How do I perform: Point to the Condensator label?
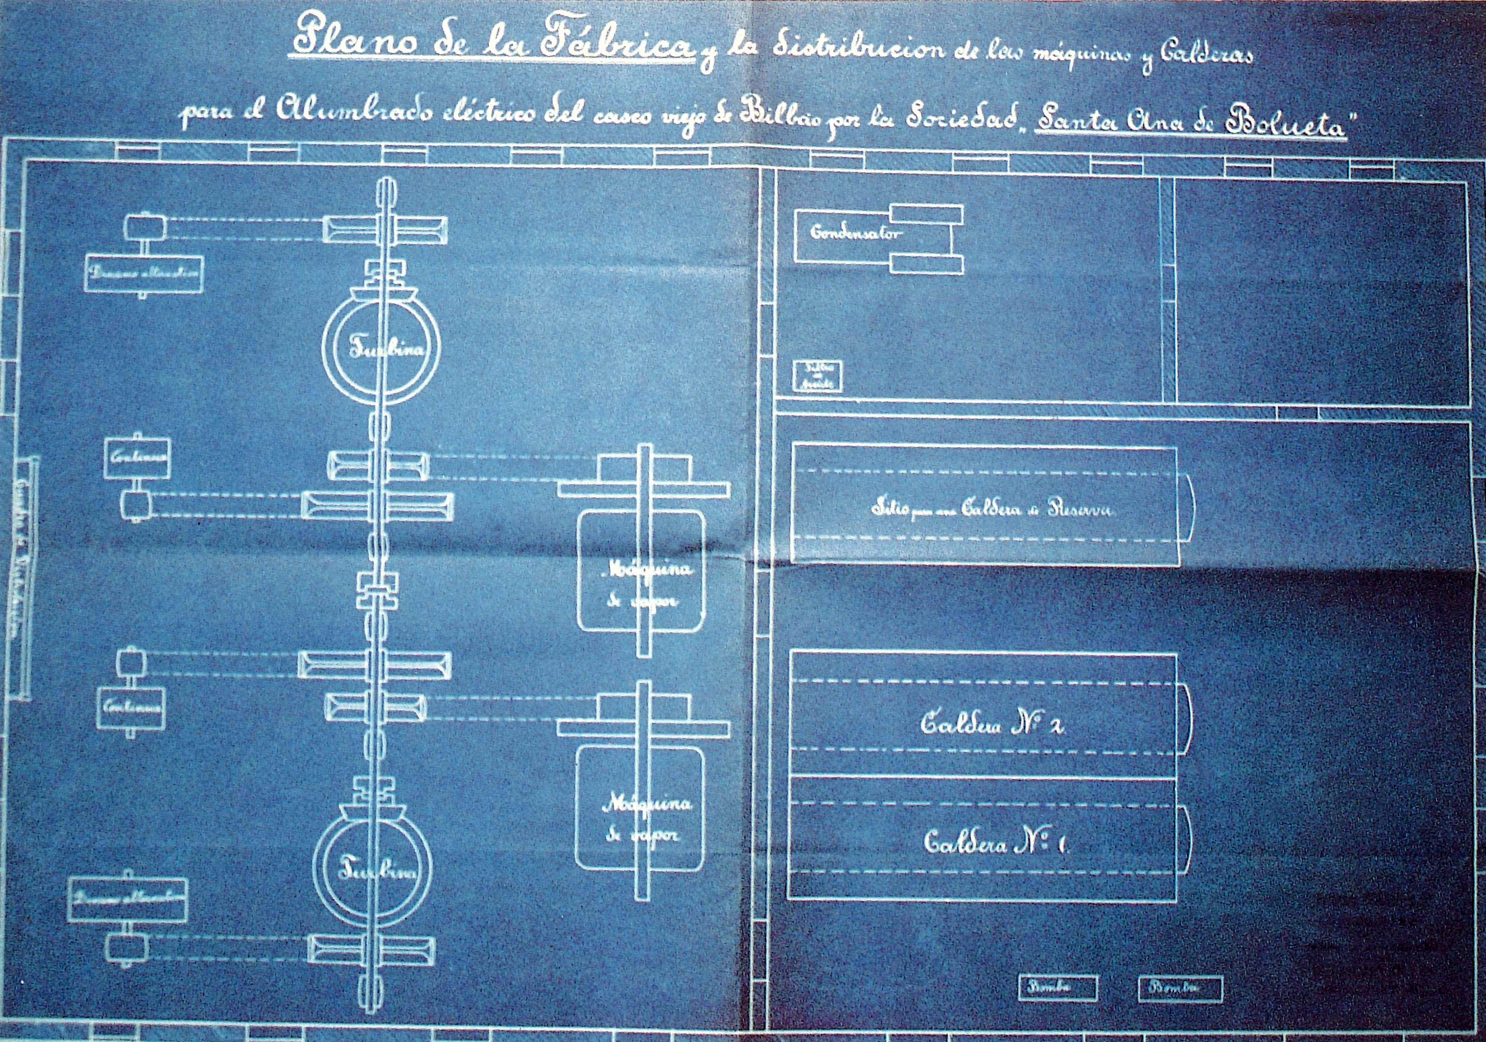[x=854, y=234]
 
